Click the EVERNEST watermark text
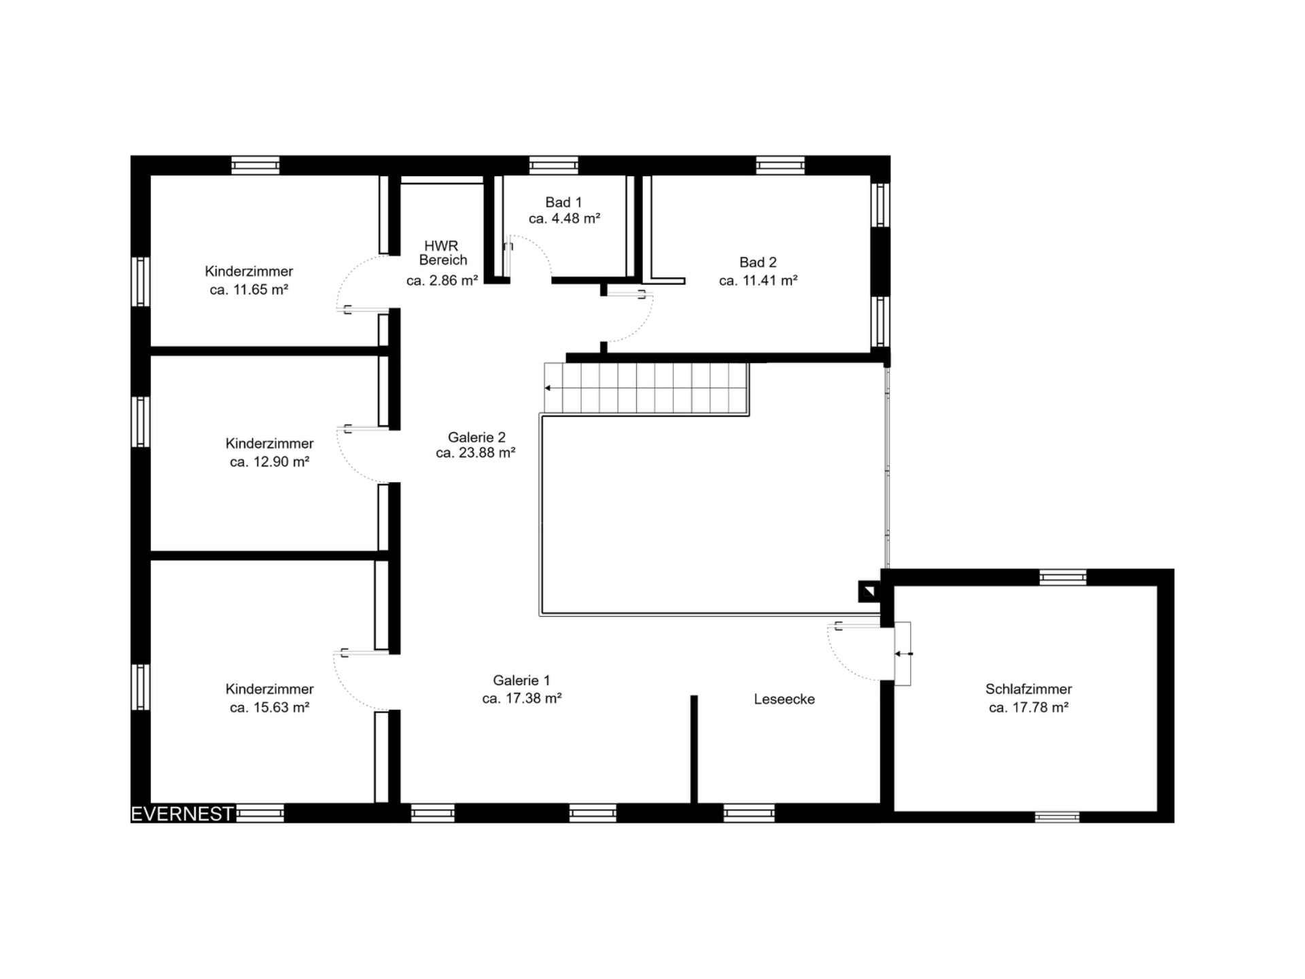coord(182,814)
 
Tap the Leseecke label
coord(784,699)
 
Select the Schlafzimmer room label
coord(1028,689)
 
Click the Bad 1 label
coord(563,202)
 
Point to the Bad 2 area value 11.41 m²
coord(758,280)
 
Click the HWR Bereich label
coord(442,252)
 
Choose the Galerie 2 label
coord(476,437)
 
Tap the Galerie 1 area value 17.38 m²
coord(521,698)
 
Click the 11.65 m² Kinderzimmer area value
coord(249,290)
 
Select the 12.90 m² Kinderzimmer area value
coord(269,462)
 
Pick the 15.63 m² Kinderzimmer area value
coord(269,707)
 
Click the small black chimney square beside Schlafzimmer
coord(869,591)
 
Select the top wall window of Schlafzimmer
coord(1063,577)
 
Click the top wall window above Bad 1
coord(554,165)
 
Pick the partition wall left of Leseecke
coord(694,749)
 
